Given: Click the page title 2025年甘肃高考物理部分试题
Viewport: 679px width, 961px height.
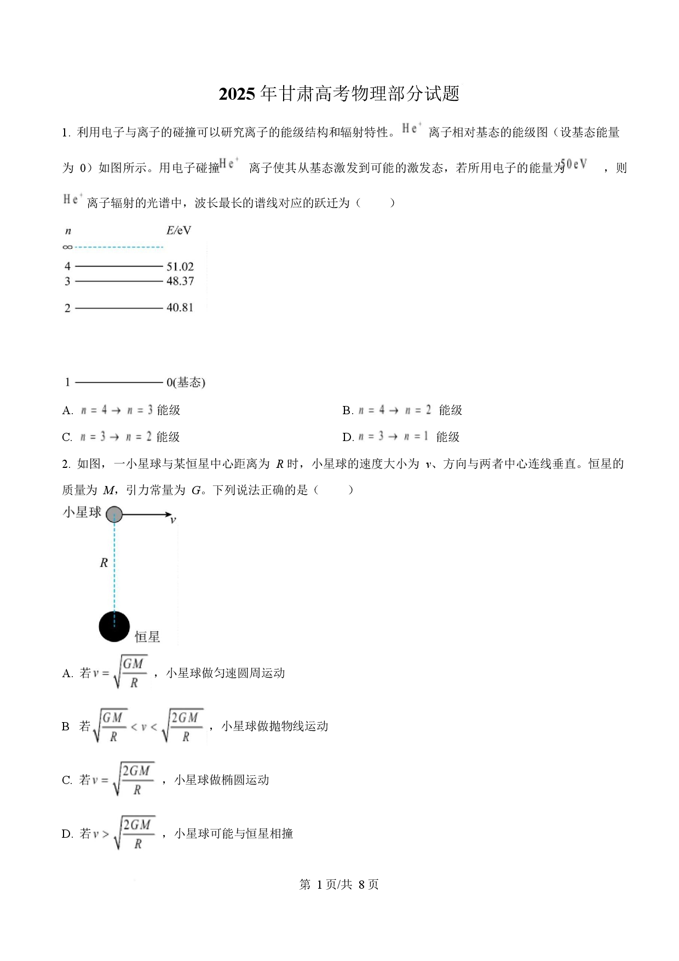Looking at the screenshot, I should pos(339,94).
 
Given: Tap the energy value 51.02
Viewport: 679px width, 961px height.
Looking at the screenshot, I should pos(180,267).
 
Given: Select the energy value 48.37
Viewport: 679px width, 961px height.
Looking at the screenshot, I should pos(180,281).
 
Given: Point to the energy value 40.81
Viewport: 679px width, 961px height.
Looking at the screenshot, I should pos(180,308).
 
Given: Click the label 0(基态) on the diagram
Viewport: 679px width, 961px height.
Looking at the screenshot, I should pos(186,382).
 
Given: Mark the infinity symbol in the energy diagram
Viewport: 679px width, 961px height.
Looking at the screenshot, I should pos(67,247).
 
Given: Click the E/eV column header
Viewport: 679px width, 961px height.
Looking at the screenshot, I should pos(179,231).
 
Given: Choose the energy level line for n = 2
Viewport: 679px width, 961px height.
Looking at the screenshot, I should pos(119,308).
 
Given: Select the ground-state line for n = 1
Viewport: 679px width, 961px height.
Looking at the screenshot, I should pos(119,382).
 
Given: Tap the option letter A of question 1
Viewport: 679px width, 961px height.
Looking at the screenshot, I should pos(67,410).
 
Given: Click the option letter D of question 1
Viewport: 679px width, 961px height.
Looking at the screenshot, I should pos(348,437).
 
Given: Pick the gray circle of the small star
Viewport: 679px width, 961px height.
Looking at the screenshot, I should pos(114,514).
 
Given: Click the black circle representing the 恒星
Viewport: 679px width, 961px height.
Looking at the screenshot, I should pos(114,626).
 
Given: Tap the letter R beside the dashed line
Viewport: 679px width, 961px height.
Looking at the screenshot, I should pos(103,563).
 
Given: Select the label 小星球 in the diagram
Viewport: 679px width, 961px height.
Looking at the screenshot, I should pos(82,512).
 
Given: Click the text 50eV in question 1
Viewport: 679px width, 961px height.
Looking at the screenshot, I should pos(574,164).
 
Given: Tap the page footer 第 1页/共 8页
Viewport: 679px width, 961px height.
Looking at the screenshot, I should pos(339,884).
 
